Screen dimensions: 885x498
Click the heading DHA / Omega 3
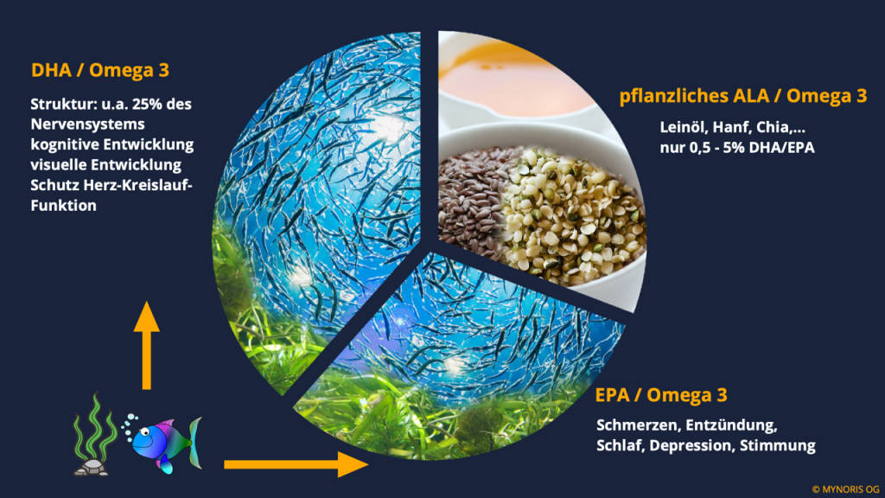(x=100, y=70)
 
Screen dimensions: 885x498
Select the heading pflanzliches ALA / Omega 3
(x=742, y=96)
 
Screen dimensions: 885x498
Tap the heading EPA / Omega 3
(x=661, y=394)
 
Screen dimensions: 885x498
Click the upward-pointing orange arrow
(x=147, y=345)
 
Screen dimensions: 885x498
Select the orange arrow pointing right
(x=296, y=464)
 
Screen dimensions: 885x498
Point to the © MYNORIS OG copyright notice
(x=845, y=489)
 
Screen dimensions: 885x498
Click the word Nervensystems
(x=87, y=124)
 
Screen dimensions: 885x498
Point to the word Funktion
(x=63, y=206)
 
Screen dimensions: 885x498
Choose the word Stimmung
(x=777, y=446)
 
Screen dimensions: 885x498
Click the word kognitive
(x=64, y=144)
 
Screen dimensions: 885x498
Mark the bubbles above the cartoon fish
(x=130, y=426)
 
